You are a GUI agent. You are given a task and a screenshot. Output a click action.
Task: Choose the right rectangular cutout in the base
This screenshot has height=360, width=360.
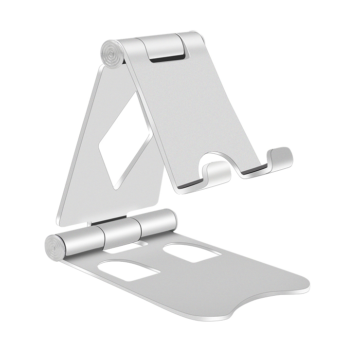coord(192,252)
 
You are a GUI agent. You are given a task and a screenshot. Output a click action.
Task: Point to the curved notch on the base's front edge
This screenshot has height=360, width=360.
coord(265,304)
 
